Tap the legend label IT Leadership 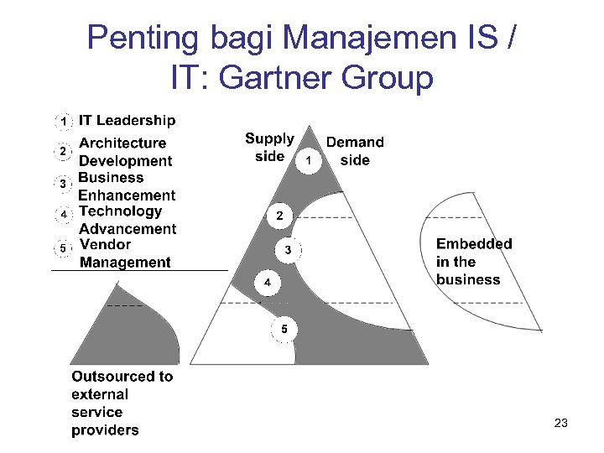click(128, 122)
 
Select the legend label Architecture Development click(125, 152)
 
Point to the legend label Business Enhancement click(127, 186)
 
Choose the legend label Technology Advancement click(128, 220)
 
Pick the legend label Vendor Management click(125, 253)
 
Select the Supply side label click(269, 147)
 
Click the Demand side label click(355, 151)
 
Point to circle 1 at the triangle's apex click(309, 159)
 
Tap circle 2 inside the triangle click(279, 216)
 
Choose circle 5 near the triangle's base click(284, 329)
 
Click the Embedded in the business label click(473, 262)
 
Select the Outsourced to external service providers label click(122, 404)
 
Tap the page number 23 click(560, 424)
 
